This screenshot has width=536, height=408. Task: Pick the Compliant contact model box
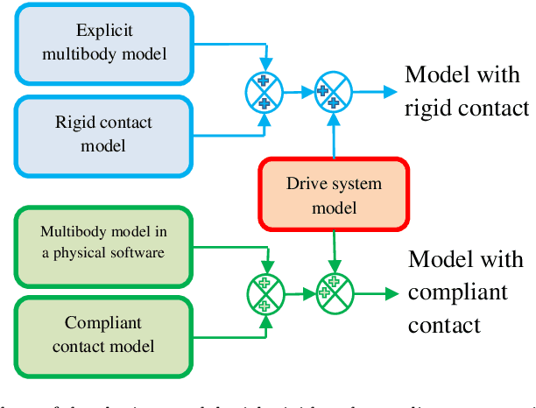(x=103, y=334)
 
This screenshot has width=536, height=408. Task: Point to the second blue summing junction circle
(x=334, y=93)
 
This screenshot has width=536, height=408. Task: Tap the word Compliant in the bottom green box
(x=102, y=323)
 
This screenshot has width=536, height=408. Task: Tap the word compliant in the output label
(x=456, y=292)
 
